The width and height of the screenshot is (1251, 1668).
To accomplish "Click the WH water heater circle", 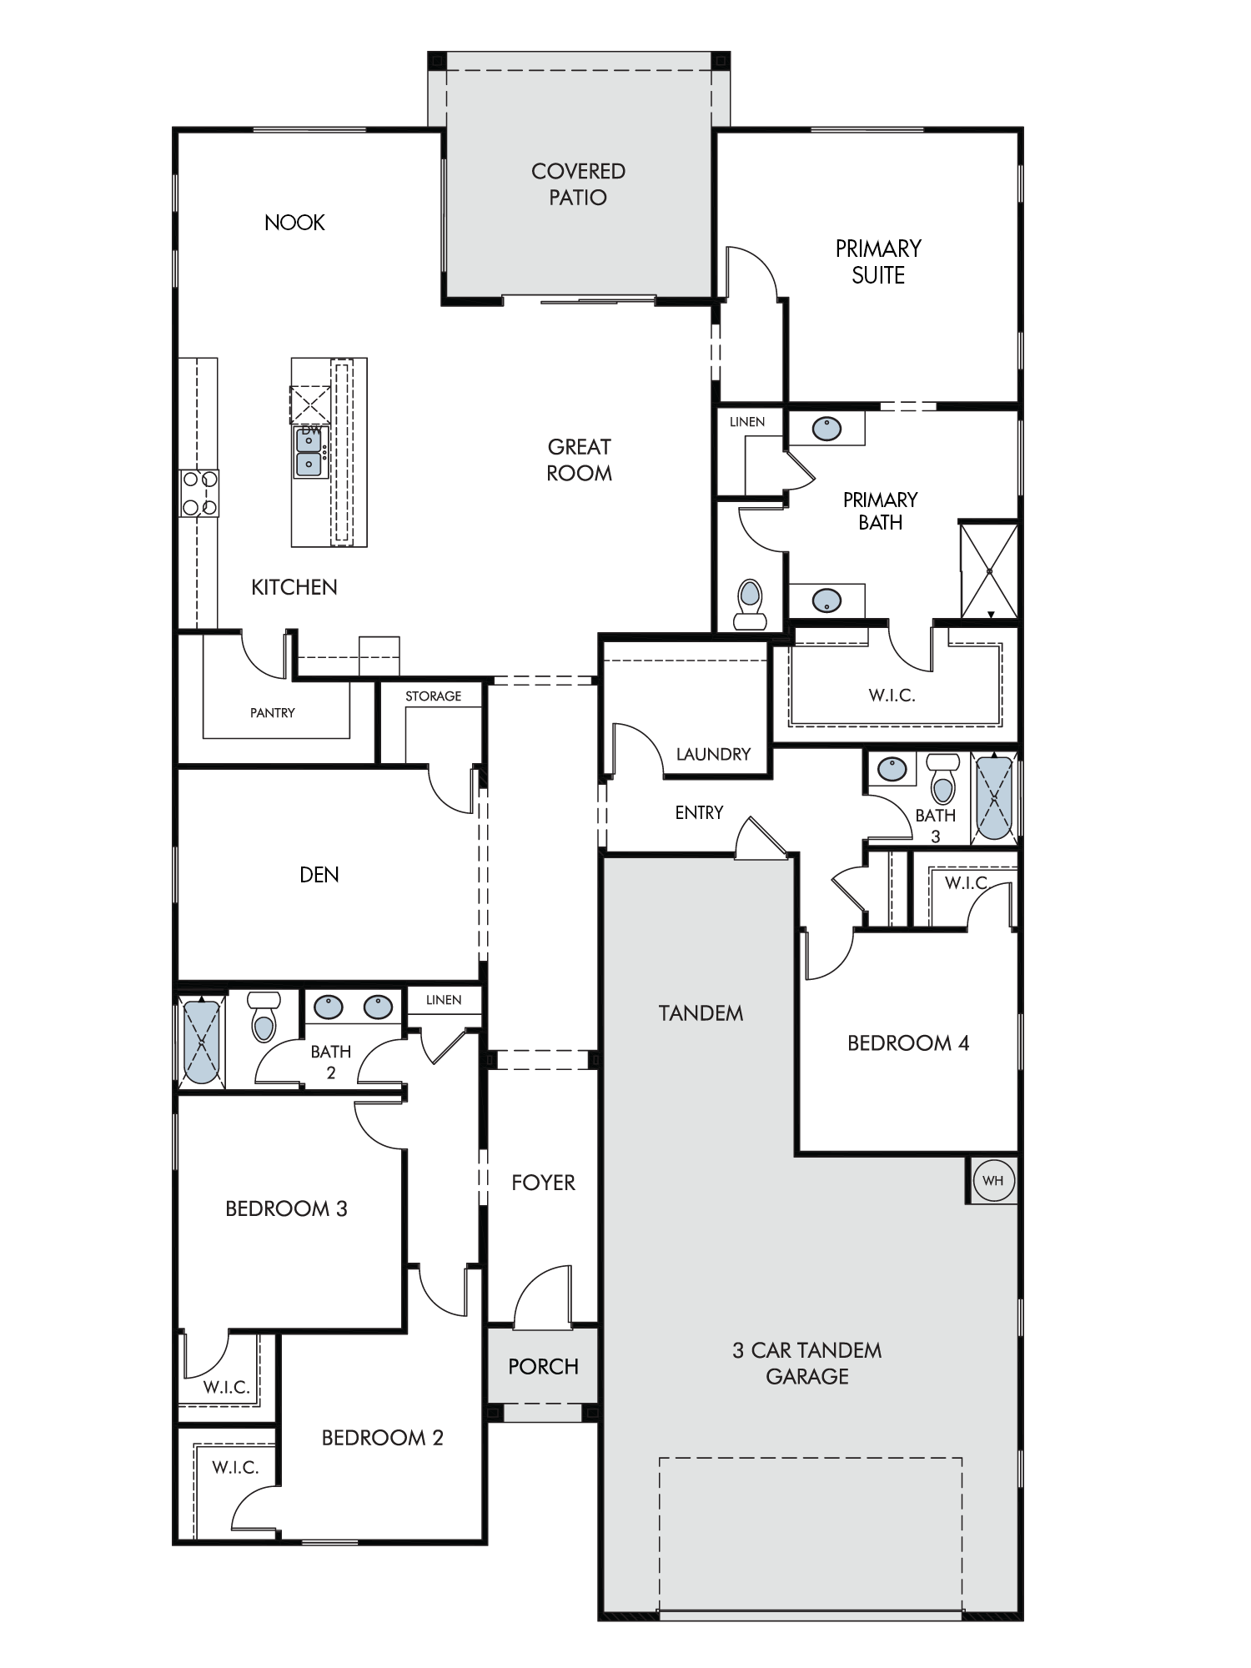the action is [x=992, y=1180].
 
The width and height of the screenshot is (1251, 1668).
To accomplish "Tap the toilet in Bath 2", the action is [x=264, y=1017].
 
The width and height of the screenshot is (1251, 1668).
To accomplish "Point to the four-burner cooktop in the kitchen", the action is [x=199, y=493].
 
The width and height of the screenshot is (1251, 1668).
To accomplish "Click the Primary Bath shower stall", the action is [x=988, y=571].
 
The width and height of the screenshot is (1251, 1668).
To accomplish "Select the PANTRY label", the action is [x=273, y=713].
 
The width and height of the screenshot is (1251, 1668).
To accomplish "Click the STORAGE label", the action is [x=433, y=696].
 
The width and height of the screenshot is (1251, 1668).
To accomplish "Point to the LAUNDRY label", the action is [x=713, y=754].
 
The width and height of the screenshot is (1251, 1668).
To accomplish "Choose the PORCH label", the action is [x=543, y=1366].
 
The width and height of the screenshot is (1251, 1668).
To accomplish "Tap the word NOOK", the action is [x=294, y=223].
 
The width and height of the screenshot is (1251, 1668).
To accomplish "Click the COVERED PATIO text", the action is [x=578, y=184].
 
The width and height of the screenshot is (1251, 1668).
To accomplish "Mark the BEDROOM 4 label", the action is [x=908, y=1043].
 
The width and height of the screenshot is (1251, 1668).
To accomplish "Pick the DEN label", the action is [x=319, y=875].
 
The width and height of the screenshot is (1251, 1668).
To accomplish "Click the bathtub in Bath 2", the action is [x=202, y=1042].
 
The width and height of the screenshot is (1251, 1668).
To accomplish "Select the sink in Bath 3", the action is [x=892, y=767].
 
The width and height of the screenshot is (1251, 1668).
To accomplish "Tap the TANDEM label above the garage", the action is [x=701, y=1013].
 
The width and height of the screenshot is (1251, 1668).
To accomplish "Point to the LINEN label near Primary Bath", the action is [x=747, y=422].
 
